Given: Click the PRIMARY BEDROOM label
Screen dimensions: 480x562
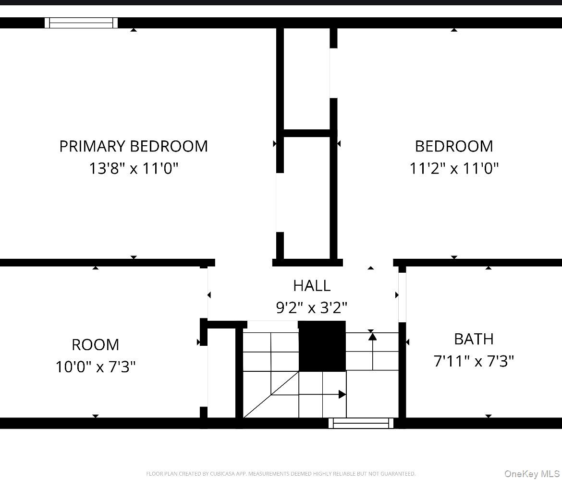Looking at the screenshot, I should (x=134, y=146).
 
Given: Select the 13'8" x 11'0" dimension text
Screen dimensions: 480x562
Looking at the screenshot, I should (x=134, y=168).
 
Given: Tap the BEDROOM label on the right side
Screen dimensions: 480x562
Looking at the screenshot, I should (x=454, y=146).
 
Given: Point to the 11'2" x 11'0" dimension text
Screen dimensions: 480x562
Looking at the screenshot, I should (x=454, y=168).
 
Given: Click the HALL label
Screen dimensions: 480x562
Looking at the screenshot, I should (x=312, y=286).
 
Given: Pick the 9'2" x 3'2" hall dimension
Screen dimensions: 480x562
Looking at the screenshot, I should (x=312, y=307).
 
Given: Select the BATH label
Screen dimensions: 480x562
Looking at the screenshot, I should (x=474, y=339).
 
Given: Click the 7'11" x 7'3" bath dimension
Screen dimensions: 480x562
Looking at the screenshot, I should (x=474, y=361).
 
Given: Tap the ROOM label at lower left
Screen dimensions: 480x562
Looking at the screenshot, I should (x=95, y=345).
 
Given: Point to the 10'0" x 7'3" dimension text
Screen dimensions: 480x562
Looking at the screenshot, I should (x=95, y=367).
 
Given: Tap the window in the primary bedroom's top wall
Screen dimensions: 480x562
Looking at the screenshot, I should (x=81, y=23).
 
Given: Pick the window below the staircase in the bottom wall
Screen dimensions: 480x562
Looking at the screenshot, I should (x=361, y=423).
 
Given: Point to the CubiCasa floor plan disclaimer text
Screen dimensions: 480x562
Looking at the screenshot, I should (x=281, y=474).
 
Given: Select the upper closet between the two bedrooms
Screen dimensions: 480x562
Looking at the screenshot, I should (x=306, y=79).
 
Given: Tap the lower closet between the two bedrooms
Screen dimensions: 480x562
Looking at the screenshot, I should (x=306, y=197).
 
